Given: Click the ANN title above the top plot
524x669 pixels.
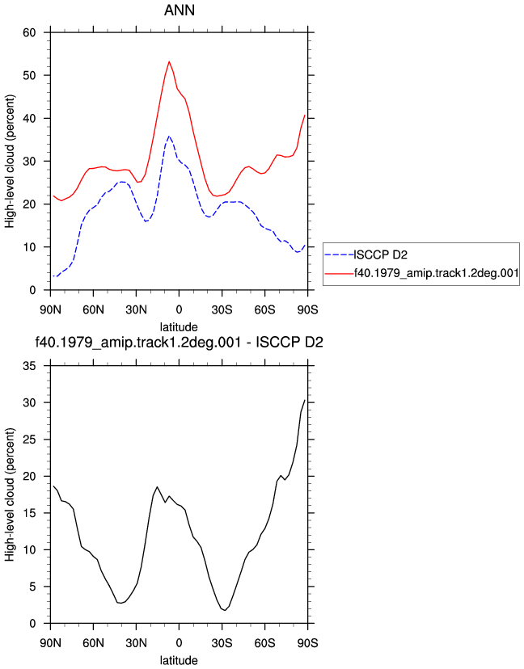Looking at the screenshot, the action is tap(180, 11).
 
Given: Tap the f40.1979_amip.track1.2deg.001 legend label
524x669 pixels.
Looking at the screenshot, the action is tap(436, 273).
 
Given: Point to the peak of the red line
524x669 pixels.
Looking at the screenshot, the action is tap(169, 61).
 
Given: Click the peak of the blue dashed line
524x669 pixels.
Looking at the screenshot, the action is tap(169, 136).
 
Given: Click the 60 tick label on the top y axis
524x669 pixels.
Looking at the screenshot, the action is tap(29, 32).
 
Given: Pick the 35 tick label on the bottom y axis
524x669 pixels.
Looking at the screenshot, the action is tap(29, 366).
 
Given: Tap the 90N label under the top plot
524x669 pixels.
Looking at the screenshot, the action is tap(50, 309).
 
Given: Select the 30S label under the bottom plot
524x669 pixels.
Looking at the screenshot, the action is tap(222, 642).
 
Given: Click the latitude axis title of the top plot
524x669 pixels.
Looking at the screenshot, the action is tap(179, 327).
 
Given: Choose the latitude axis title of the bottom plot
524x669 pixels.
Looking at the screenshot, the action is tap(179, 660).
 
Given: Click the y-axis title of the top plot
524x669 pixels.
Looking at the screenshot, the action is tap(10, 162).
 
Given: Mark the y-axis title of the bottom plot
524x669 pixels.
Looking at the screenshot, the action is tap(10, 494).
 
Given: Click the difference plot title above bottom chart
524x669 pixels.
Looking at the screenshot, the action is tap(179, 343).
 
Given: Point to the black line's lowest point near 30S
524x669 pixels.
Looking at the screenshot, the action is tap(225, 611).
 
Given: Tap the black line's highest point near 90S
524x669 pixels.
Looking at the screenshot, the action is tap(305, 400).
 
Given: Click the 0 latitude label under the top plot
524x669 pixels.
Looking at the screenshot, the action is tap(179, 309).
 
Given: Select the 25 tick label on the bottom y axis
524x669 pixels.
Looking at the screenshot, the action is tap(29, 440).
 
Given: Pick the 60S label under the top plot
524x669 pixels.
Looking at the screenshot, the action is tap(264, 309).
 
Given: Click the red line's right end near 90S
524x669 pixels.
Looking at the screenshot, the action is tap(305, 116).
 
